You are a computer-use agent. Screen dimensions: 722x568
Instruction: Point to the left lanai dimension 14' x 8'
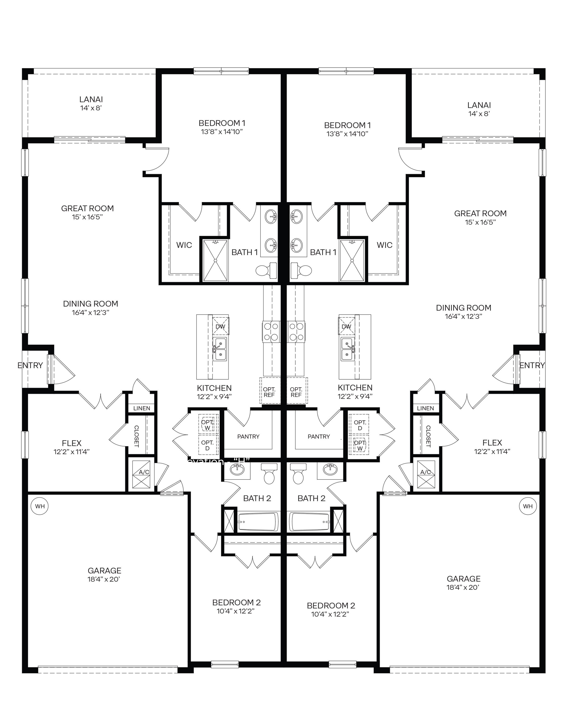point(91,108)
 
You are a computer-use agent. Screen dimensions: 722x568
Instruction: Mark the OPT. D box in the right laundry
point(360,425)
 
